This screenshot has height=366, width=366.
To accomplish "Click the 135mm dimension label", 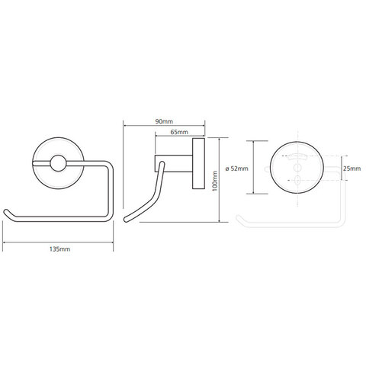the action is coord(59,249).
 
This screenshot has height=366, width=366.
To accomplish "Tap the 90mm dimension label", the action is coord(164,121).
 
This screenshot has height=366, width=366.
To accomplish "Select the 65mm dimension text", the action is coord(179,132).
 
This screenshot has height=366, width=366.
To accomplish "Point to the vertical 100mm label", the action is coord(215,181).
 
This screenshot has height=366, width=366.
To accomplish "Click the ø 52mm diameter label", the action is coord(237,169).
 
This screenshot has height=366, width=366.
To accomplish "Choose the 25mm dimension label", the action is coord(352,169).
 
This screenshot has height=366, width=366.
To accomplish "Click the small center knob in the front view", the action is coord(58,163).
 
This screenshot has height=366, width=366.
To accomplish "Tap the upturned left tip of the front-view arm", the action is coord(6,212).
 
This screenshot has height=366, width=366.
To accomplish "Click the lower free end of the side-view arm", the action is coord(126,220).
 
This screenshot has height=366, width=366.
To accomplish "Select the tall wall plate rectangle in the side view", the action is coord(198,163).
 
